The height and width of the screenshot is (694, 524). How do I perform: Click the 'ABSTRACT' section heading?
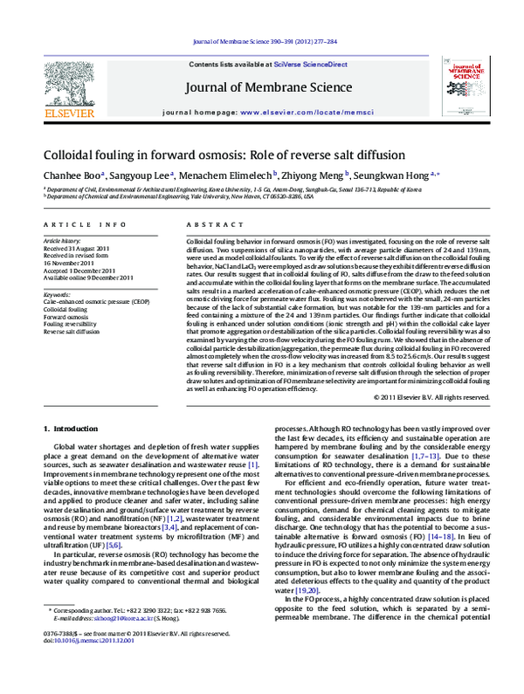click(207, 224)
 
